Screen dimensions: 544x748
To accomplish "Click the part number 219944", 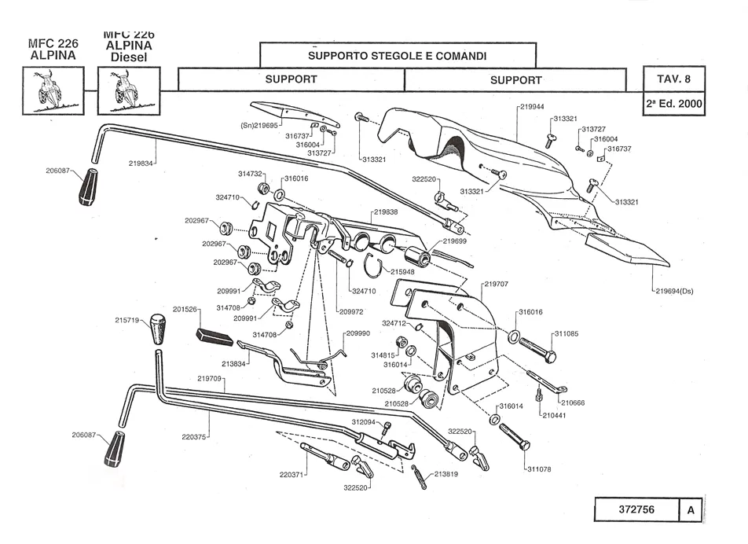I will point(533,105).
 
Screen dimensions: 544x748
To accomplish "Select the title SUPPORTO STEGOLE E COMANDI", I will point(397,56).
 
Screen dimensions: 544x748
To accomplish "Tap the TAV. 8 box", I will point(673,79).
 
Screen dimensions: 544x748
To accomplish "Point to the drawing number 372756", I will point(636,509).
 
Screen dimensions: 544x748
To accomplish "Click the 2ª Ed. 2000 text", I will point(673,104).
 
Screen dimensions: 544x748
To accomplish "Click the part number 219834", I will point(142,163).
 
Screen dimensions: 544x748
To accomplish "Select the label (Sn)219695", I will point(259,125).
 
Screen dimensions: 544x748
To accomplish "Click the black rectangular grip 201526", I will point(214,336).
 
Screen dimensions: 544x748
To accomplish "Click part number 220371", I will point(292,475).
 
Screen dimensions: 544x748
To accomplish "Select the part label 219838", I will point(386,212).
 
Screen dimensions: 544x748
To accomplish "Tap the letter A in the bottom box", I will point(690,509).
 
